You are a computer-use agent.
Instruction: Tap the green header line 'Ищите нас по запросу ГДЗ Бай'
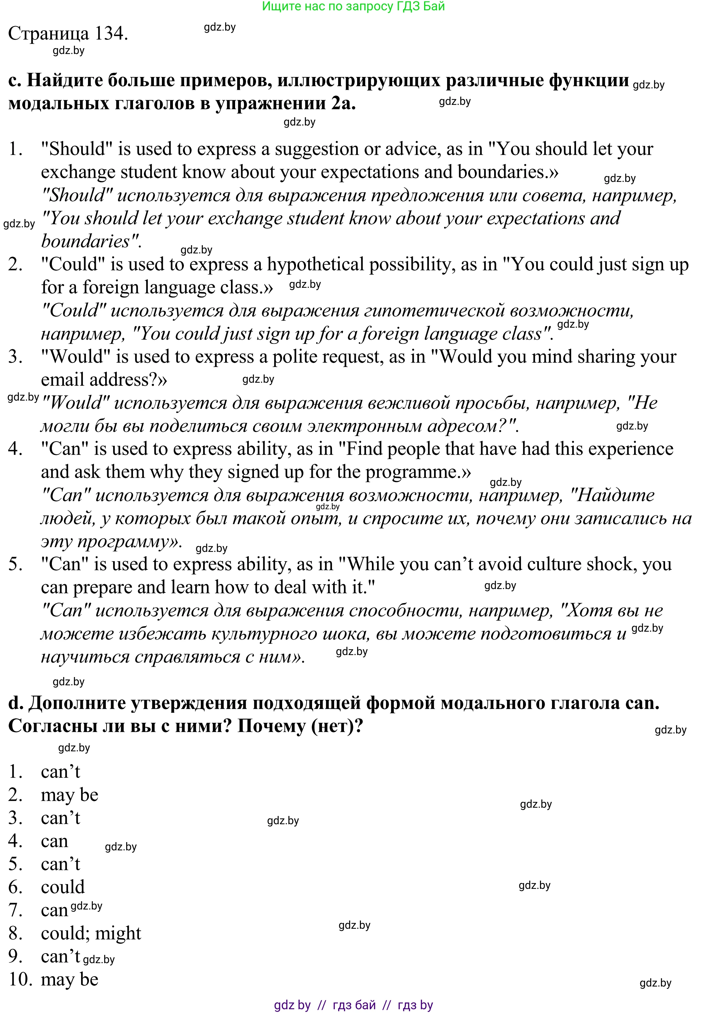(353, 7)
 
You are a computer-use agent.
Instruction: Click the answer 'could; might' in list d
(91, 933)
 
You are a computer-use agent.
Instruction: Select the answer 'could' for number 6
(63, 887)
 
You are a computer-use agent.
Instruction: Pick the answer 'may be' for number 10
(69, 979)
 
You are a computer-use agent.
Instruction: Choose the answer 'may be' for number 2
(69, 795)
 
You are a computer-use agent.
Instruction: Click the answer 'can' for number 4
(54, 841)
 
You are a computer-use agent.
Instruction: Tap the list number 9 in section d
(15, 956)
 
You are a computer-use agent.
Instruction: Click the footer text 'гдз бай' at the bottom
(354, 1005)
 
